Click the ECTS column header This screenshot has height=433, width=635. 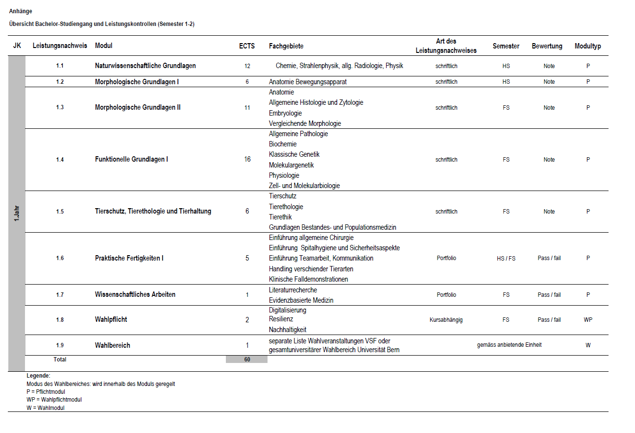[247, 46]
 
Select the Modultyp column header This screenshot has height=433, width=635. [587, 46]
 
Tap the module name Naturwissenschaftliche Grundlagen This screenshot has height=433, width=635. [145, 66]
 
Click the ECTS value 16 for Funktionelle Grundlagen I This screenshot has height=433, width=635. [247, 159]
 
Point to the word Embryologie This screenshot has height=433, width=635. [285, 113]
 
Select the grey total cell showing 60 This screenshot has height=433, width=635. [247, 359]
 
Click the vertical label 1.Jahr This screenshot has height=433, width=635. [17, 214]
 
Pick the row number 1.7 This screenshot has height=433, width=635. [60, 295]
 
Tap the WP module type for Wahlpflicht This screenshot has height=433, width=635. [588, 320]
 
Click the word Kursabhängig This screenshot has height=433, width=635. [446, 320]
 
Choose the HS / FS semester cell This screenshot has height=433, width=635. [506, 258]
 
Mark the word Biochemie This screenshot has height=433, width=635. [283, 144]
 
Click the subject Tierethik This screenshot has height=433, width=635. [281, 216]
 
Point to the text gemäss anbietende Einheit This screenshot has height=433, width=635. [509, 345]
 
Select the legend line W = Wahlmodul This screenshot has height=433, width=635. [45, 408]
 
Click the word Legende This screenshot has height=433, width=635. [38, 376]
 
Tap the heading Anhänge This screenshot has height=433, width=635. [21, 11]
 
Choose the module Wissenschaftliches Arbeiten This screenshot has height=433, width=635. [135, 294]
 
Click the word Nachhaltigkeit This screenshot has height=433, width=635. [288, 330]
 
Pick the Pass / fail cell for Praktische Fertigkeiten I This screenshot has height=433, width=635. [549, 258]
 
